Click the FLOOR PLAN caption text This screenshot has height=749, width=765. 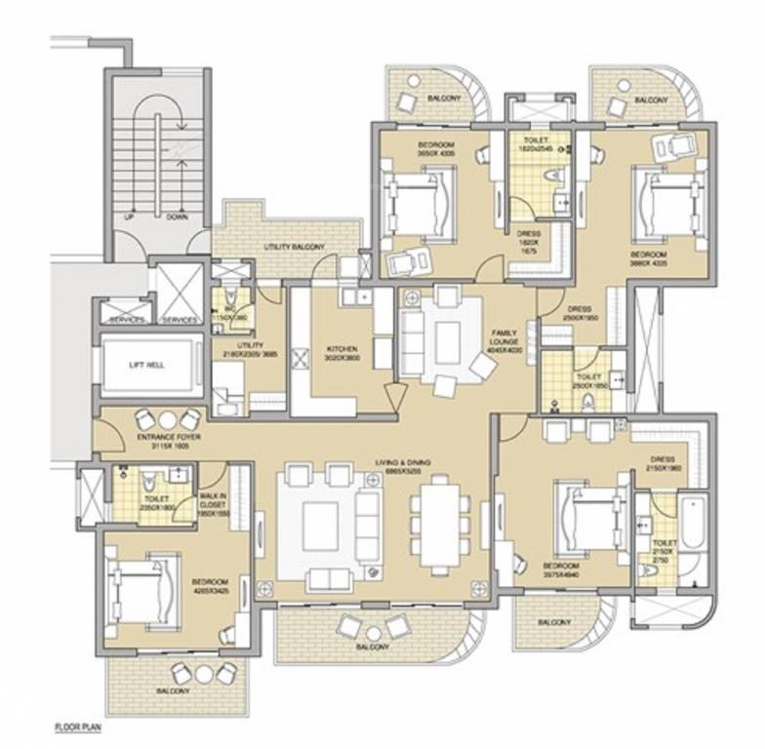click(78, 727)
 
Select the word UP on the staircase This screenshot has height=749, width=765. click(128, 217)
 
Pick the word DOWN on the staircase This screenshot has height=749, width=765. click(177, 217)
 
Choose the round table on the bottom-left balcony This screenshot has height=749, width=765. click(203, 673)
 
